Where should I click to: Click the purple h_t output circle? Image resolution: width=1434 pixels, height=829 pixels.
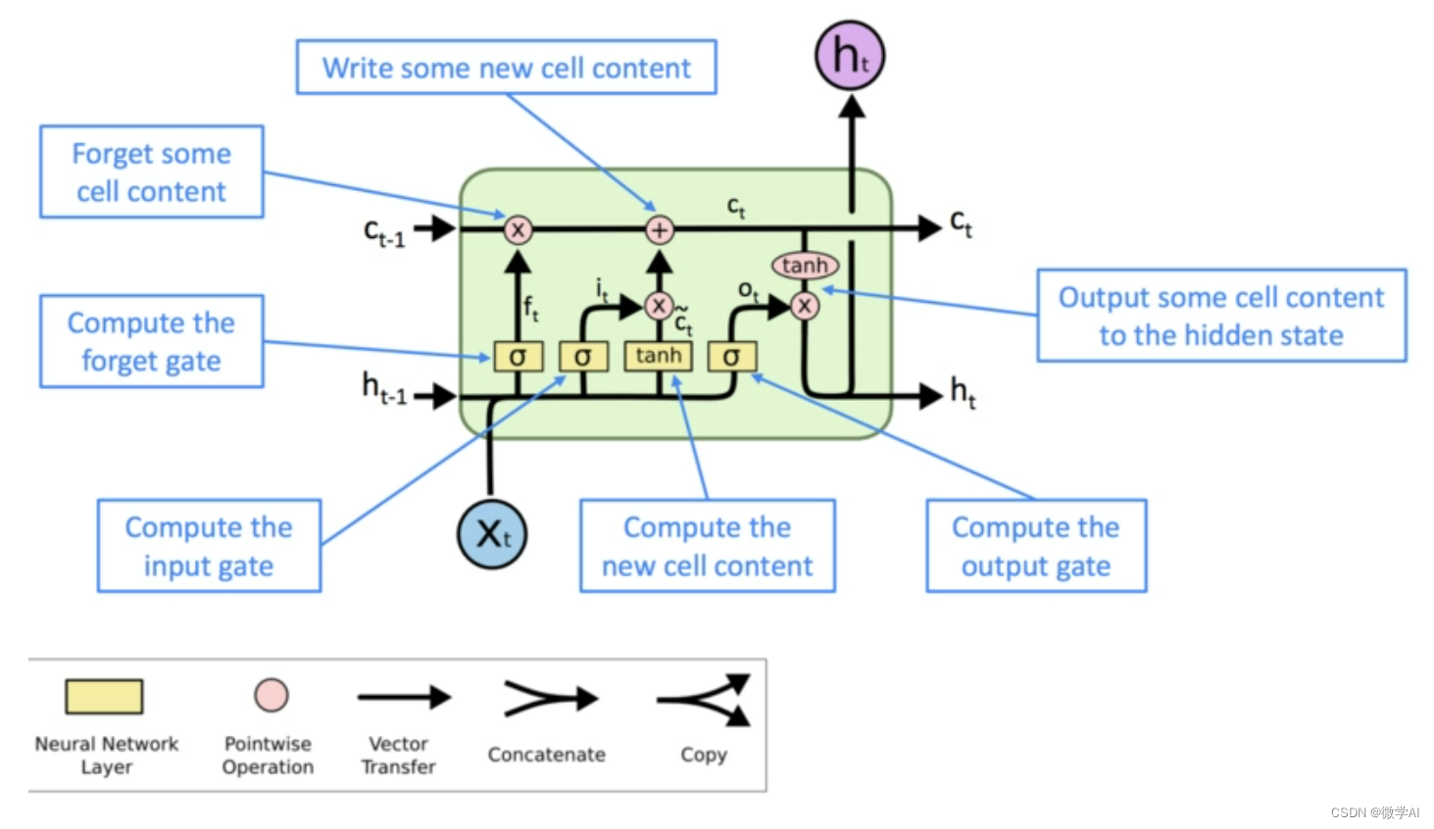850,56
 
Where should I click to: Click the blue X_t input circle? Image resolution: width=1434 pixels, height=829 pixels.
492,535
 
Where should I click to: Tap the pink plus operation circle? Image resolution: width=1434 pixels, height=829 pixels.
660,229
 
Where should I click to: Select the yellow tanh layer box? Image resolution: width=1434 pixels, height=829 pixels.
659,356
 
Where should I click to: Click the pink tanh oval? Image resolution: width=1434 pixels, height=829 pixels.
805,266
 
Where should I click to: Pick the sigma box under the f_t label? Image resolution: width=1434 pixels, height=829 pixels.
518,357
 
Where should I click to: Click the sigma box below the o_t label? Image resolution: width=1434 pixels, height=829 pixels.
731,357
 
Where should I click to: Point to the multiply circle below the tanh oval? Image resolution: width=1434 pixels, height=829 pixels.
805,306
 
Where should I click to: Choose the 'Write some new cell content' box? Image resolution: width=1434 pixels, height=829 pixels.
507,68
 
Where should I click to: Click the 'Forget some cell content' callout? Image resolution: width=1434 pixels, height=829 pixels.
152,172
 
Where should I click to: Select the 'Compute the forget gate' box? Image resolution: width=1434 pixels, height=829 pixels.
152,342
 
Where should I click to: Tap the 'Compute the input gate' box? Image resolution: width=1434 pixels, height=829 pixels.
209,547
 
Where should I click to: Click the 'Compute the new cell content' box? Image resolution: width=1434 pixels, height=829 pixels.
708,547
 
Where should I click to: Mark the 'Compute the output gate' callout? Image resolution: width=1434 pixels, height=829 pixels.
1036,547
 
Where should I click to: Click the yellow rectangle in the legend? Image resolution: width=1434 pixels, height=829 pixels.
104,697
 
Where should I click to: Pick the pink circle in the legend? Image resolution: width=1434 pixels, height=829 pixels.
272,695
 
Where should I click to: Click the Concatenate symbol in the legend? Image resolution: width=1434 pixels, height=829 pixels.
550,699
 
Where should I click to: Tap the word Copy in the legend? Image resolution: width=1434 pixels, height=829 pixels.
704,755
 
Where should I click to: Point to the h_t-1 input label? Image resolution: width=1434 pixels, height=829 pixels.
383,388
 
